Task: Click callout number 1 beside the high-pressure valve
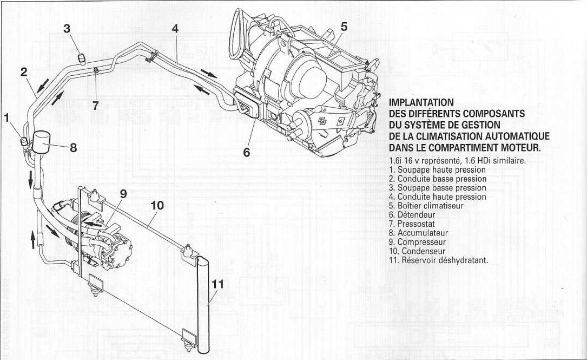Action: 7,117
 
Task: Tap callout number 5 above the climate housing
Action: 344,25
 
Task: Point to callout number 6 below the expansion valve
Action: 247,153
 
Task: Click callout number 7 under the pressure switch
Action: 95,106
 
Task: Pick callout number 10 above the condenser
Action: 157,206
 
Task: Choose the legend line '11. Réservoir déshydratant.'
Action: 438,260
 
